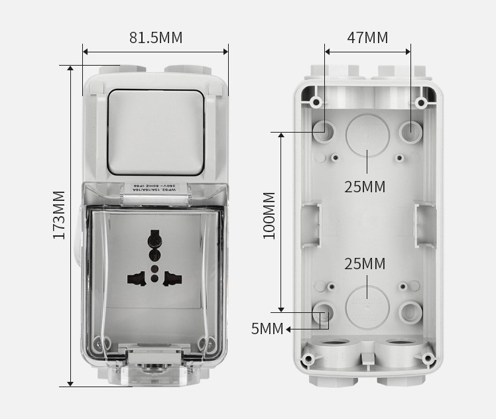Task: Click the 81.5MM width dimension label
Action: (155, 38)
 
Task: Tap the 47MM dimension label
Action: (367, 38)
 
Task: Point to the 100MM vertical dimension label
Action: (269, 215)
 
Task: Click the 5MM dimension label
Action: (267, 329)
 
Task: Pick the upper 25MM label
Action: (365, 187)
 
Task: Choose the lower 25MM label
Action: (365, 264)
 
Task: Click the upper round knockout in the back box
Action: (367, 133)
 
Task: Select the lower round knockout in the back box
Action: (367, 306)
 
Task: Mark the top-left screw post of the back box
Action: (316, 102)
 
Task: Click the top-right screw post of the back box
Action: (420, 102)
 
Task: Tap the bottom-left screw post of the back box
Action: (308, 359)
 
